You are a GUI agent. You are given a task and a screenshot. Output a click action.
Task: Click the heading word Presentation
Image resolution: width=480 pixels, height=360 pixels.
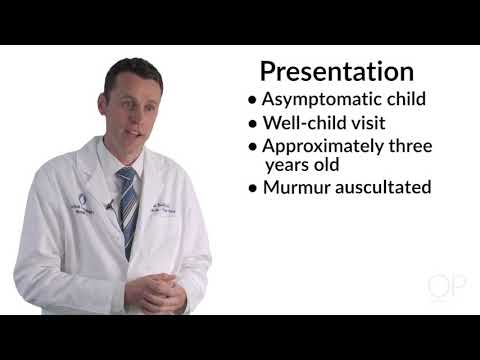tap(336, 71)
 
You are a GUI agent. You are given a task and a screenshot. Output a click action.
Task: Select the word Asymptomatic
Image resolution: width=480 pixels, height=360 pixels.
tap(313, 100)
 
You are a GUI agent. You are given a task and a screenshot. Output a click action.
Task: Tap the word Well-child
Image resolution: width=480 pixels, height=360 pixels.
tap(301, 124)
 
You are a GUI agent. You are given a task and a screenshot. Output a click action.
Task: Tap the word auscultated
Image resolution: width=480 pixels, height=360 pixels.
tap(384, 187)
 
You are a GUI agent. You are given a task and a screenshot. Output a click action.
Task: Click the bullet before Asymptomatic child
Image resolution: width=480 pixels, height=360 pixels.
tap(252, 101)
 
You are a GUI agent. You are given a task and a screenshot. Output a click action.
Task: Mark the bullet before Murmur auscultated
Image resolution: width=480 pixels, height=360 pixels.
tap(252, 188)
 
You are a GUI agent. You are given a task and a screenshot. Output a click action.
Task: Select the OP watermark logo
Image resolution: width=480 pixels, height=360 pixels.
tap(446, 287)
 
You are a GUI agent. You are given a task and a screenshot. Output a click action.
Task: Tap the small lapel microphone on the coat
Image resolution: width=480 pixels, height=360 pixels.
tap(108, 204)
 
